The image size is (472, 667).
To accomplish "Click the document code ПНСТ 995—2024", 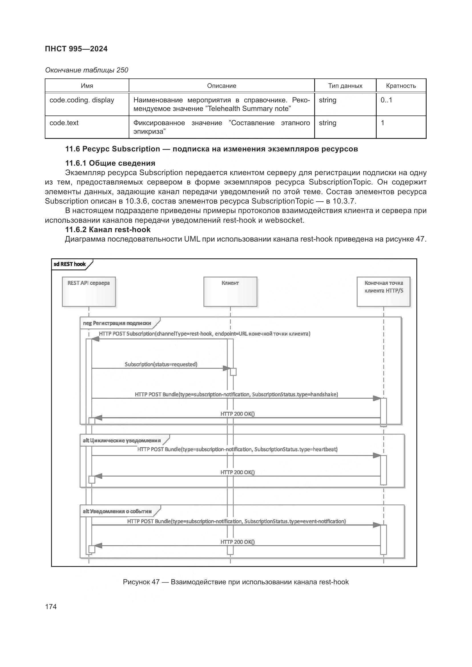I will (76, 49).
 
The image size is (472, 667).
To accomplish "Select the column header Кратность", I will (400, 86).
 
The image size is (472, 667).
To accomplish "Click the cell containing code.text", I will (64, 123).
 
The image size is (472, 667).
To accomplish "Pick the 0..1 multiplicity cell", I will (386, 100).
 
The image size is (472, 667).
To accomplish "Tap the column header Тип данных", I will (345, 86).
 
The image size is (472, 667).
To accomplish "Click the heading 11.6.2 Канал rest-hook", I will (108, 230).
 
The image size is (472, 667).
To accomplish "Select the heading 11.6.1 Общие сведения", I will (110, 163).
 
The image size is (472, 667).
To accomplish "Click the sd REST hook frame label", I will (70, 264).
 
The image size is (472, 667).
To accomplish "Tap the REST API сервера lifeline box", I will (89, 291).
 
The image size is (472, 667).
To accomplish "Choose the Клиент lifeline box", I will (230, 291).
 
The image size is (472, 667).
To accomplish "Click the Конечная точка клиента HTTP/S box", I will (383, 291).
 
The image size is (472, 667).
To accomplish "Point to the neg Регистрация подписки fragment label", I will (117, 323).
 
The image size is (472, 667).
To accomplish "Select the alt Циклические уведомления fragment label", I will (122, 440).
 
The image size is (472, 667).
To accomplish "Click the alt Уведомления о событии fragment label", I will (117, 511).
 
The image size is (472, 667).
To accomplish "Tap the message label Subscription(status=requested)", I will (161, 364).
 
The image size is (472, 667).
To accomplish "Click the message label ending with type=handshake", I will (236, 394).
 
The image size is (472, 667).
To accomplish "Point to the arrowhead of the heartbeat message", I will (377, 455).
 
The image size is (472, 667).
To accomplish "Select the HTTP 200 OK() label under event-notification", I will (237, 542).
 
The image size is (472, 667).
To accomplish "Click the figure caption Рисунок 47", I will (236, 582).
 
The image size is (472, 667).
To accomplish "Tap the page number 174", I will (51, 607).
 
